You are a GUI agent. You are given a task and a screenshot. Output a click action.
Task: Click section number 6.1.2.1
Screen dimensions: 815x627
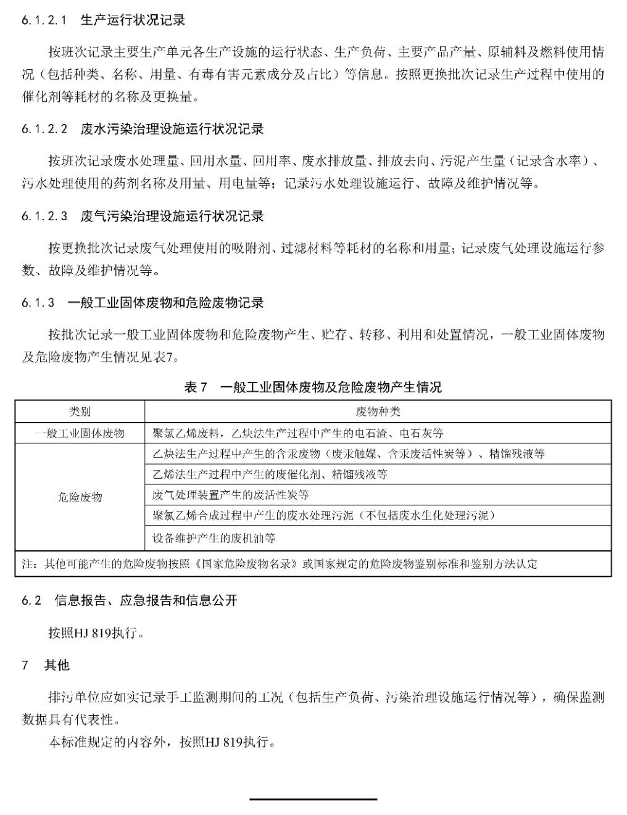(x=44, y=20)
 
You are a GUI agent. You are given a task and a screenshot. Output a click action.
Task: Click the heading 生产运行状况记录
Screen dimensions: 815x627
(x=133, y=20)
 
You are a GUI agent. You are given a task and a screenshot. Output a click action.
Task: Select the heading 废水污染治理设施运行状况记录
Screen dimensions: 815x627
(x=172, y=129)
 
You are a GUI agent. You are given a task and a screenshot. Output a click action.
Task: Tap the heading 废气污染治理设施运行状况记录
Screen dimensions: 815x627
(x=172, y=216)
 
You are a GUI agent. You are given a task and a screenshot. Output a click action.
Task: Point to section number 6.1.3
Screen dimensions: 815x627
(x=38, y=303)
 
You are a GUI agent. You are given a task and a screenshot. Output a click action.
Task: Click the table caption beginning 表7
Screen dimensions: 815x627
(x=313, y=387)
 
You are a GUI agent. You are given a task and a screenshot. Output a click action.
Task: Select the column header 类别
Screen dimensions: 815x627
(x=80, y=412)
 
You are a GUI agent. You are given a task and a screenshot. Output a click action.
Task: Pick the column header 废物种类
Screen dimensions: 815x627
(x=378, y=412)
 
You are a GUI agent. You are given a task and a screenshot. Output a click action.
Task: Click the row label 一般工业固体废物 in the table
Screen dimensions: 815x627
(x=80, y=433)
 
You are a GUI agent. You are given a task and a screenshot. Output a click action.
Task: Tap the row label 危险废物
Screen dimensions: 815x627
(x=80, y=497)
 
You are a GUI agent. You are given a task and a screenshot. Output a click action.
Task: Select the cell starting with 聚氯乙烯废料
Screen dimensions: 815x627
(x=297, y=433)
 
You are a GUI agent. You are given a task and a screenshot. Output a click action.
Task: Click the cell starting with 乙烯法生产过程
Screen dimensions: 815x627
(x=270, y=474)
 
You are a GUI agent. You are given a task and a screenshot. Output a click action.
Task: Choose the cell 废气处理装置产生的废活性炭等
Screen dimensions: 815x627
(x=231, y=495)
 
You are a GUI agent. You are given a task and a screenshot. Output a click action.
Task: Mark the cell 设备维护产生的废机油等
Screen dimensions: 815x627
(x=214, y=538)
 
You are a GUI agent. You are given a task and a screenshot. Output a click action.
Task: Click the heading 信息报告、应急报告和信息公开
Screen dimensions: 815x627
(x=146, y=600)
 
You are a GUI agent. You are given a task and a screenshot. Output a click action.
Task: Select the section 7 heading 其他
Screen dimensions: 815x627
(x=57, y=665)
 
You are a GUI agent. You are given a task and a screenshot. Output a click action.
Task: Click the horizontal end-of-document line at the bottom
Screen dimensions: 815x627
(x=313, y=800)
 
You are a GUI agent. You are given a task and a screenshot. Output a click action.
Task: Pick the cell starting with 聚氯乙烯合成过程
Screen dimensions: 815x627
(x=323, y=516)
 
